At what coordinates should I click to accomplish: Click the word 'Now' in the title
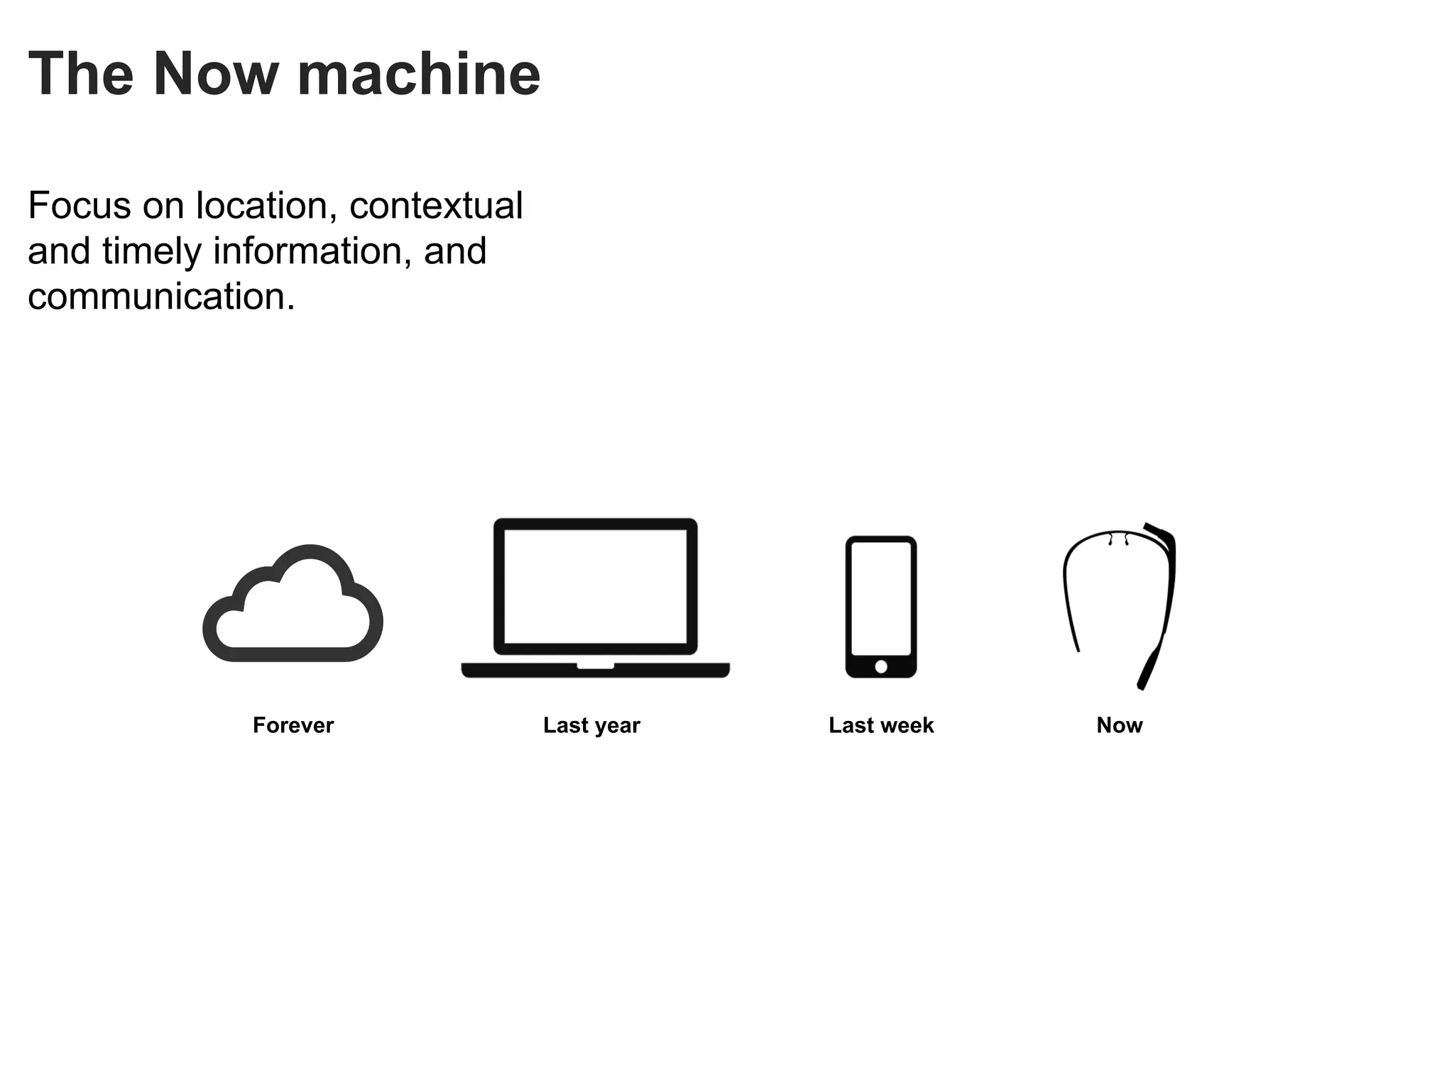point(216,74)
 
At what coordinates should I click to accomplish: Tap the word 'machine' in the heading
point(419,74)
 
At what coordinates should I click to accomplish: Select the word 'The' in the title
point(81,74)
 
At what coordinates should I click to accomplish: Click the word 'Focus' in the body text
point(80,206)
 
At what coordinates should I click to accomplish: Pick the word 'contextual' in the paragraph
point(436,206)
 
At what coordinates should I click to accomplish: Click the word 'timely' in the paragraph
point(152,251)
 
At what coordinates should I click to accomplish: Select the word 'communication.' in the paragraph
point(161,297)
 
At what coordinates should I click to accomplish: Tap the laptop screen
point(595,586)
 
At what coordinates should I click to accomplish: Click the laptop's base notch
point(595,666)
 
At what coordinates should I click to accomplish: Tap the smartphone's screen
point(880,599)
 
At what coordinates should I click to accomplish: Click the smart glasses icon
point(1120,603)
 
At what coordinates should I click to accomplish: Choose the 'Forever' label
point(293,725)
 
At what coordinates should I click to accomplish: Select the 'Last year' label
point(591,725)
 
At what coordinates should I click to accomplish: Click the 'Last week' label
point(881,725)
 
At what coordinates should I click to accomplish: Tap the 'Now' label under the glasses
point(1120,725)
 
